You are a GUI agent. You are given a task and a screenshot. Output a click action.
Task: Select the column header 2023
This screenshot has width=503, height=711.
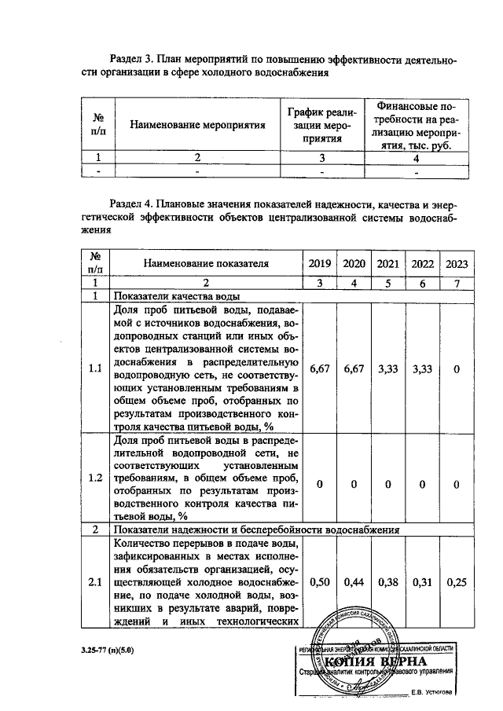coord(457,263)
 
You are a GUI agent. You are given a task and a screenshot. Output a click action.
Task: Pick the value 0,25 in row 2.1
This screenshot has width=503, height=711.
coord(457,582)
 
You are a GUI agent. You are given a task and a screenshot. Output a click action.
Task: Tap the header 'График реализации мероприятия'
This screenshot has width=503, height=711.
coord(321,125)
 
